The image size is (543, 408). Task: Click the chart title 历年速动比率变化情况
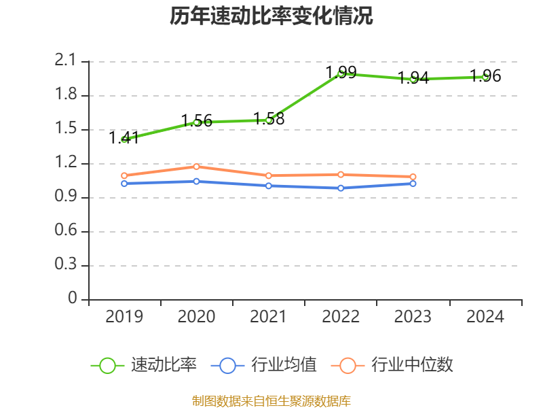tap(271, 16)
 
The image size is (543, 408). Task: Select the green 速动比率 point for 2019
tap(124, 139)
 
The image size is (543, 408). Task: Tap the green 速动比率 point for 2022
tap(341, 73)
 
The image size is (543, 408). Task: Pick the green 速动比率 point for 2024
tap(485, 77)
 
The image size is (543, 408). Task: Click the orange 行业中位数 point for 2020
tap(196, 167)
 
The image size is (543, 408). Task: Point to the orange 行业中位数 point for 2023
tap(413, 177)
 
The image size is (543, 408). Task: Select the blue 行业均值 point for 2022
tap(341, 188)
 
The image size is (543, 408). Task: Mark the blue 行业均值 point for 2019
tap(124, 184)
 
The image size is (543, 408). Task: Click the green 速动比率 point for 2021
tap(269, 120)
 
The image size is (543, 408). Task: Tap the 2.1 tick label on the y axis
tap(67, 61)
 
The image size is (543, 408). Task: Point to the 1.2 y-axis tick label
tap(67, 163)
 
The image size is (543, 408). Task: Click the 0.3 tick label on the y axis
tap(67, 265)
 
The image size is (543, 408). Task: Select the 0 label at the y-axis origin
tap(73, 299)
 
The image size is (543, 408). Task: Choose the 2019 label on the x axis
tap(124, 317)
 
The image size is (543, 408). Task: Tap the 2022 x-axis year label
tap(341, 317)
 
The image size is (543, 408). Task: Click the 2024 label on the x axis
tap(485, 317)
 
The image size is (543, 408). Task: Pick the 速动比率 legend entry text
tap(164, 365)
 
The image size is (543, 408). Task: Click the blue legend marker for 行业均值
tap(227, 365)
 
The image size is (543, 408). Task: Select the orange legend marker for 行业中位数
tap(348, 365)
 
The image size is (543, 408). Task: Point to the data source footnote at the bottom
tap(271, 401)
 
